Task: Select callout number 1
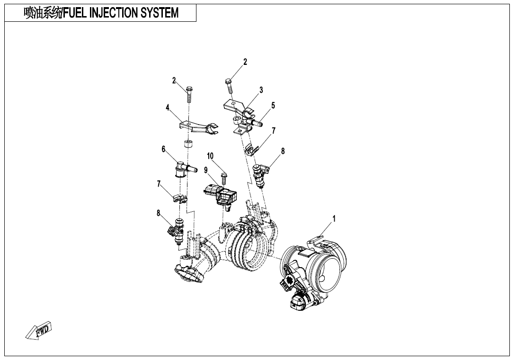(334, 218)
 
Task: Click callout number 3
(261, 90)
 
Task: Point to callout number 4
(168, 108)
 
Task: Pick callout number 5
(273, 106)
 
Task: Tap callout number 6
(163, 149)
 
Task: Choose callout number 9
(205, 170)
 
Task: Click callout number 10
(210, 156)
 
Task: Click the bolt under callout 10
(224, 179)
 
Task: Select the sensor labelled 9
(221, 196)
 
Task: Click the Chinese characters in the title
(43, 13)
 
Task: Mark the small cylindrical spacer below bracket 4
(188, 144)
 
